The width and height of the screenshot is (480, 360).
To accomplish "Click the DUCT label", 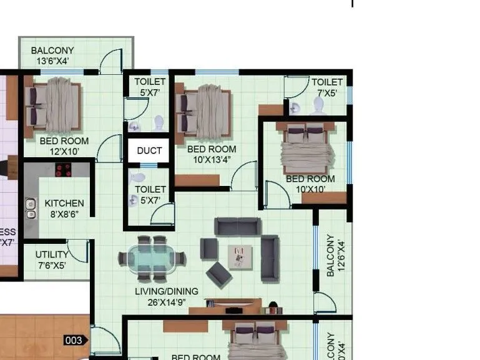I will point(149,150).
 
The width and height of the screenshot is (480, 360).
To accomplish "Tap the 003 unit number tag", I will point(74,340).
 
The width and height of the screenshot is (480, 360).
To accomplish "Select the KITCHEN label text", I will point(64,203).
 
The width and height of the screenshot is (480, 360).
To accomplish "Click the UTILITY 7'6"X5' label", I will point(51,260).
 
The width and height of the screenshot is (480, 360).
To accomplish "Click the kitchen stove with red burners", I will point(64,169).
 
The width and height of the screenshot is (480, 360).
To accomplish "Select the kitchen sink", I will point(30,208).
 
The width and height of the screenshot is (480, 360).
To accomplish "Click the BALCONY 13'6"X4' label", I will point(52,56).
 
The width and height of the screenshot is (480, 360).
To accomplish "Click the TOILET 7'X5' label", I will point(327,87).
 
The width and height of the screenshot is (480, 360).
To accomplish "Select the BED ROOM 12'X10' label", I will point(64,146).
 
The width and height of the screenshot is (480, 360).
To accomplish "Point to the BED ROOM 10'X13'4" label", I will point(212,154).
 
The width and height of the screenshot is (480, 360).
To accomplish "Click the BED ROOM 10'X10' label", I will point(310,183).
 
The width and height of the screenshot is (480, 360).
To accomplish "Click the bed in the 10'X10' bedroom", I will point(307,150).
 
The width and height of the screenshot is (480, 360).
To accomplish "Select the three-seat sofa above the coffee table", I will point(238,226).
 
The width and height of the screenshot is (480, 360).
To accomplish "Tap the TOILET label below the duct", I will point(150,194).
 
